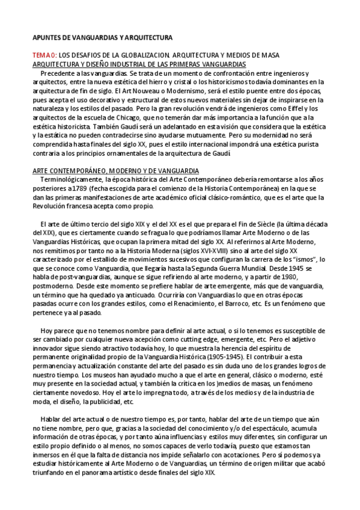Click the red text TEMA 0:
[x=44, y=55]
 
